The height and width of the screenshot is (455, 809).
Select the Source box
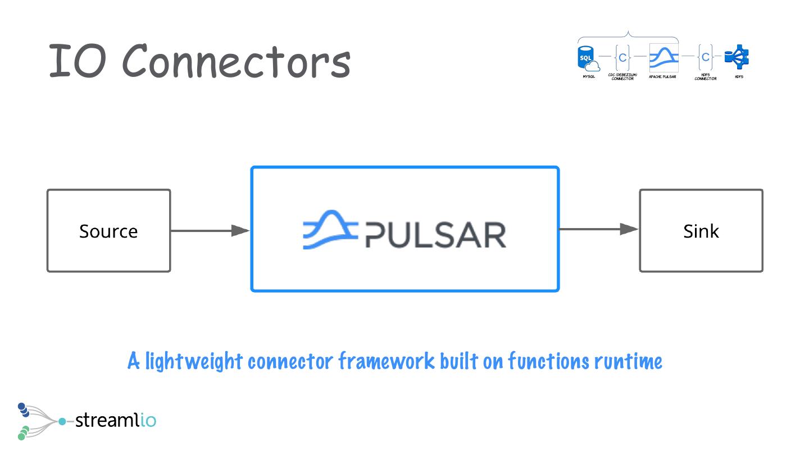(108, 231)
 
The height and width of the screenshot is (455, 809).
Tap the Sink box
(701, 231)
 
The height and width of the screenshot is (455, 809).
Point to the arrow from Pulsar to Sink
(599, 229)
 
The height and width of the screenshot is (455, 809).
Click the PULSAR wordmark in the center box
(436, 235)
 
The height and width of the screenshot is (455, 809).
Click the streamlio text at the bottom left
(115, 420)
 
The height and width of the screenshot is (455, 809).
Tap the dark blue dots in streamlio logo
(23, 410)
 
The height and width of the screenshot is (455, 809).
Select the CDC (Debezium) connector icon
(622, 57)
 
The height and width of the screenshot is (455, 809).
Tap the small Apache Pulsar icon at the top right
(663, 57)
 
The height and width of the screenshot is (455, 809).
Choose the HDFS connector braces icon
(705, 57)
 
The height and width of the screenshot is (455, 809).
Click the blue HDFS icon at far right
(738, 57)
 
